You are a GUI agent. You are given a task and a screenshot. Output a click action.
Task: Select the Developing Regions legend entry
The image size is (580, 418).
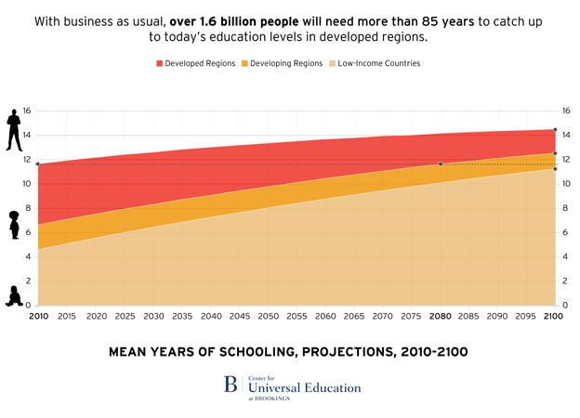click(x=283, y=64)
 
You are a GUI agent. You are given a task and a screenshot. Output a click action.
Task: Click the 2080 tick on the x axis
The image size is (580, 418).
click(x=440, y=317)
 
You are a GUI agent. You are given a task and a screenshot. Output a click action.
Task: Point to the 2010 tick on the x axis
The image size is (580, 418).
click(x=38, y=317)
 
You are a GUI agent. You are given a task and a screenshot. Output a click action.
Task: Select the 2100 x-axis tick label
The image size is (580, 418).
click(x=555, y=317)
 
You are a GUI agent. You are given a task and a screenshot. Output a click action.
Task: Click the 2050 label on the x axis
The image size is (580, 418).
click(x=268, y=317)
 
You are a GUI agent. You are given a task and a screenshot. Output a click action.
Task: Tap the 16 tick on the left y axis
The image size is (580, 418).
click(x=26, y=111)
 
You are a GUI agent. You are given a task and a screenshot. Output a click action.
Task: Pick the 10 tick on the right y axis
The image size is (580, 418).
click(x=568, y=184)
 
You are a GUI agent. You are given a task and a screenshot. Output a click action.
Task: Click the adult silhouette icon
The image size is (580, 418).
click(x=14, y=129)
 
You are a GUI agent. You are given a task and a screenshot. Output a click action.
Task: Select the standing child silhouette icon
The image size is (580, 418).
click(x=14, y=225)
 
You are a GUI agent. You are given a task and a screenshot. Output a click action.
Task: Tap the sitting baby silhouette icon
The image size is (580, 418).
click(x=14, y=295)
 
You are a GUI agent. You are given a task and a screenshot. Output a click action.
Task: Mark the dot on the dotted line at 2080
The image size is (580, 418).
click(x=441, y=164)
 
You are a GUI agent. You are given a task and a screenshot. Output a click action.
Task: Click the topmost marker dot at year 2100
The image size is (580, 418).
click(x=555, y=130)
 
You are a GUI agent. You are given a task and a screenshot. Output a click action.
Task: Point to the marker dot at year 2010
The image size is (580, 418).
click(x=38, y=164)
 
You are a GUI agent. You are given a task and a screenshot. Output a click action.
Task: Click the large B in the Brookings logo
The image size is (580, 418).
click(x=231, y=385)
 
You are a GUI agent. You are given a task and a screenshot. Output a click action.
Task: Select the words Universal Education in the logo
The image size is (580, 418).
click(x=303, y=387)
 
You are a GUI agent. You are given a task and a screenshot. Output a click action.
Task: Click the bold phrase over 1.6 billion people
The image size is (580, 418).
click(x=246, y=19)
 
